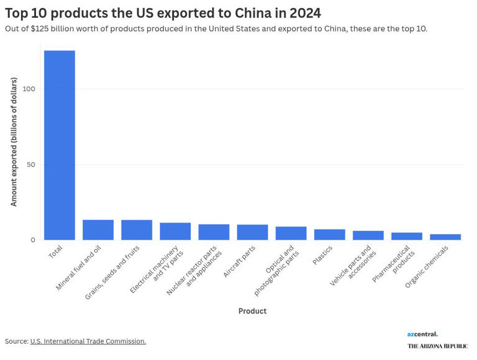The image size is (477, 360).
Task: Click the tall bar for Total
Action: tap(60, 145)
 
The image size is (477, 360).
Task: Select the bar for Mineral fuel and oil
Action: tap(98, 230)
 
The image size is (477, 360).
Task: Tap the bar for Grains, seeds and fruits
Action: tap(137, 230)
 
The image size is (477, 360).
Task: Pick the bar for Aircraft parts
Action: tap(252, 232)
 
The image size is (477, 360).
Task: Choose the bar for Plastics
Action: tap(329, 235)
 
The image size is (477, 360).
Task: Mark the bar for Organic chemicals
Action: tap(445, 237)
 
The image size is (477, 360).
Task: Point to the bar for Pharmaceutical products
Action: tap(407, 236)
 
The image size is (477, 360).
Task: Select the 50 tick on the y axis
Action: tap(31, 164)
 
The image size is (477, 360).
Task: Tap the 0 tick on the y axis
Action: tap(34, 240)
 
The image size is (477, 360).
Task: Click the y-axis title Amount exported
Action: tap(14, 142)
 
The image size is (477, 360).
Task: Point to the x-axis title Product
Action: tap(252, 311)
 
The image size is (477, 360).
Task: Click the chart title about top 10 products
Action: tap(163, 13)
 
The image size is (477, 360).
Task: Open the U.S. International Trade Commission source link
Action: tap(88, 341)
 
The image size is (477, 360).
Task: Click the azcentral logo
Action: tap(422, 335)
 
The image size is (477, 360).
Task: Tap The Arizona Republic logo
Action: tap(437, 346)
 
